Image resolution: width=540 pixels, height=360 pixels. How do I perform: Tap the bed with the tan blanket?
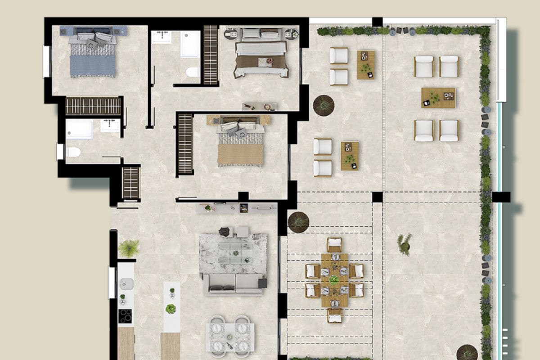(241, 146)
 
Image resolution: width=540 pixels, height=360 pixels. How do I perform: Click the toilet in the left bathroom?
(73, 152)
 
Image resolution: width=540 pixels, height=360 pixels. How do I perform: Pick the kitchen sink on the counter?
(126, 283)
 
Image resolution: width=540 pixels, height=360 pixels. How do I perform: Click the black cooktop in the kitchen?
(125, 315)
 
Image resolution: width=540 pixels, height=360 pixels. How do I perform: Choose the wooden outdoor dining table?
(334, 280)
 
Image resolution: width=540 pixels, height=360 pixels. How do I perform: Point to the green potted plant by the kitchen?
(129, 247)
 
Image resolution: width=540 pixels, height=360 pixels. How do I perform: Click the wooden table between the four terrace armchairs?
(438, 98)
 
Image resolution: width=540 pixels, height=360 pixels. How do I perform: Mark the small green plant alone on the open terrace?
(405, 243)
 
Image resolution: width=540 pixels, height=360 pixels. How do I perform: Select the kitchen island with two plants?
(171, 306)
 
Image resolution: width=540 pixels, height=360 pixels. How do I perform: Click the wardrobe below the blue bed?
(94, 106)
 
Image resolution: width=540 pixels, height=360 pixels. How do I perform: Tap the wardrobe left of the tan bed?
(185, 144)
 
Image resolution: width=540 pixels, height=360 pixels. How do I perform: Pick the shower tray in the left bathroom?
(79, 129)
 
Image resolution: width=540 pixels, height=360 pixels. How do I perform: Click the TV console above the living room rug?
(236, 208)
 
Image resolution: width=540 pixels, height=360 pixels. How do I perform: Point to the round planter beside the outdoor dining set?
(298, 222)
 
